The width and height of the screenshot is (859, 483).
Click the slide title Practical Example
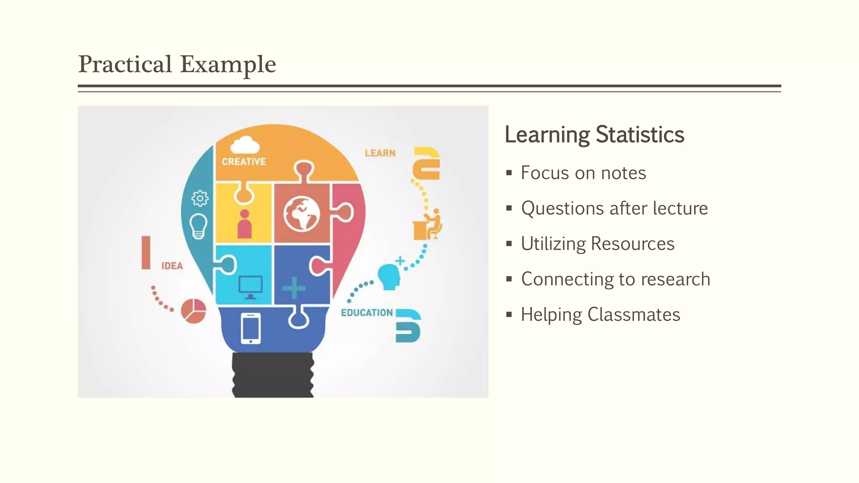click(x=177, y=64)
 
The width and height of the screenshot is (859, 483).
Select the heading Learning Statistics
click(x=594, y=135)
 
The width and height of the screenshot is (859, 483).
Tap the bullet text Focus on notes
click(x=583, y=173)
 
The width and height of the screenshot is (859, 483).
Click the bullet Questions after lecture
click(x=614, y=208)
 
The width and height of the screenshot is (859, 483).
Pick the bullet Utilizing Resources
click(x=597, y=244)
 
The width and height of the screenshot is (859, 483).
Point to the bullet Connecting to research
click(x=615, y=279)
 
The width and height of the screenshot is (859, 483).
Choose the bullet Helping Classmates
click(x=600, y=314)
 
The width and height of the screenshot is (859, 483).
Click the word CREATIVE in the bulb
click(x=244, y=162)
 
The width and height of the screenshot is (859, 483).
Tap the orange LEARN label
click(x=380, y=153)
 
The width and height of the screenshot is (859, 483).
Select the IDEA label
click(x=172, y=266)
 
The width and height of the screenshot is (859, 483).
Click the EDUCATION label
click(x=367, y=313)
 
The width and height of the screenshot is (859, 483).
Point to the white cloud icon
click(x=245, y=145)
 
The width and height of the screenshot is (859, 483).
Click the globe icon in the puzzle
click(x=302, y=214)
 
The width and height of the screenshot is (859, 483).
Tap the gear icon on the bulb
click(x=200, y=198)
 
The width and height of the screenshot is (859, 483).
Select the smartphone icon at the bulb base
click(x=251, y=328)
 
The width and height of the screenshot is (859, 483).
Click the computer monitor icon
click(x=250, y=287)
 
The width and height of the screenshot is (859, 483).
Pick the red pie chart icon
click(x=193, y=311)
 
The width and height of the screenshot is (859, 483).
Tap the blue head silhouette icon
click(x=389, y=276)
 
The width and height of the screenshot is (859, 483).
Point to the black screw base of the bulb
click(x=273, y=375)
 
